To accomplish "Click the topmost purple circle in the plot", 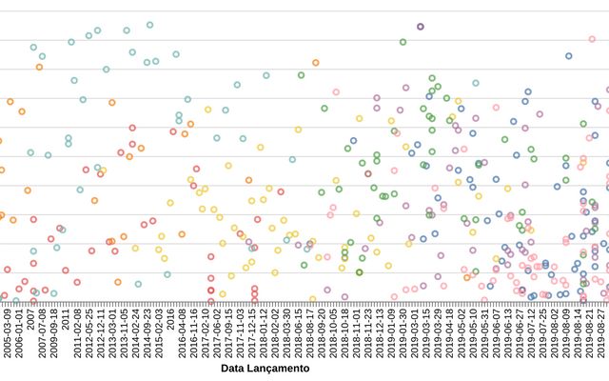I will (x=420, y=27).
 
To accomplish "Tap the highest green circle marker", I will (x=403, y=42).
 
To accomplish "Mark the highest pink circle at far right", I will (x=592, y=39).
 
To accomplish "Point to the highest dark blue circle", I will (x=569, y=56).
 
